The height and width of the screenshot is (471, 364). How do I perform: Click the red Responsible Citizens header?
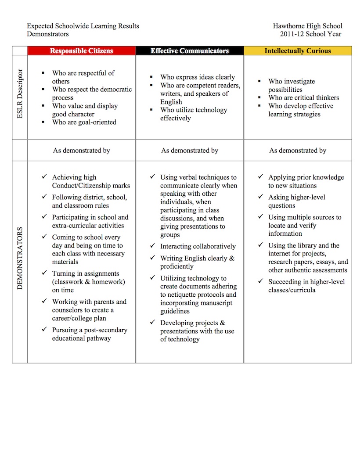(81, 51)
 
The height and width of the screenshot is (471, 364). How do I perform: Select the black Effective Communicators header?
(190, 51)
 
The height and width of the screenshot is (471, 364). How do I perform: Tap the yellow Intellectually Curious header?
(297, 51)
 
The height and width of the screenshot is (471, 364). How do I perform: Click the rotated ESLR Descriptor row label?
(20, 97)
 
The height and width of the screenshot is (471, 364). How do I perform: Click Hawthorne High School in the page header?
(307, 26)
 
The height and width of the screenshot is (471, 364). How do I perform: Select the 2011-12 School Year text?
(311, 34)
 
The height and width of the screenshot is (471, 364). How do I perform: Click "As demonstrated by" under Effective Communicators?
(190, 151)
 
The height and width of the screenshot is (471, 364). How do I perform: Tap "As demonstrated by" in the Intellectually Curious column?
(298, 151)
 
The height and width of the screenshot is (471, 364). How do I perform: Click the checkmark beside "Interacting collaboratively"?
(152, 246)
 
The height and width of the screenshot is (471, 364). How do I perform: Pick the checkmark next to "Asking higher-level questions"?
(260, 197)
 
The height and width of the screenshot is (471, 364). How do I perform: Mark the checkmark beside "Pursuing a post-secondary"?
(44, 329)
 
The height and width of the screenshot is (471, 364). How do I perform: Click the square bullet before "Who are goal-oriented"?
(43, 122)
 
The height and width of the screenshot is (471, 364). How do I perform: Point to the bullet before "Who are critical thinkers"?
(259, 97)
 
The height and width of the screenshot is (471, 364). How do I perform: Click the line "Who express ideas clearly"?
(198, 77)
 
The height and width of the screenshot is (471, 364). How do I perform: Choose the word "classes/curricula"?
(292, 290)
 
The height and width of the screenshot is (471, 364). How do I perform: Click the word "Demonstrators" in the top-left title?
(47, 34)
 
